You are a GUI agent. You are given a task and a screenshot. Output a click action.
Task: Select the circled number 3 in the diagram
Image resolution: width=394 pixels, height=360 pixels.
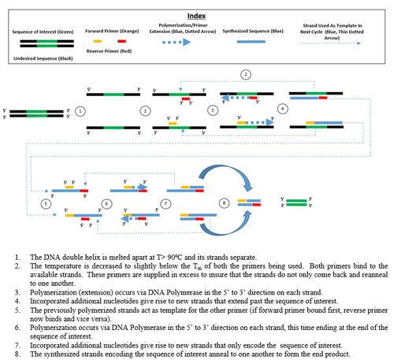tap(211, 111)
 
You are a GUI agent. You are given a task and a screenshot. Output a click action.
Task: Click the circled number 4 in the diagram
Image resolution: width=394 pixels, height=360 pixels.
tap(282, 107)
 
